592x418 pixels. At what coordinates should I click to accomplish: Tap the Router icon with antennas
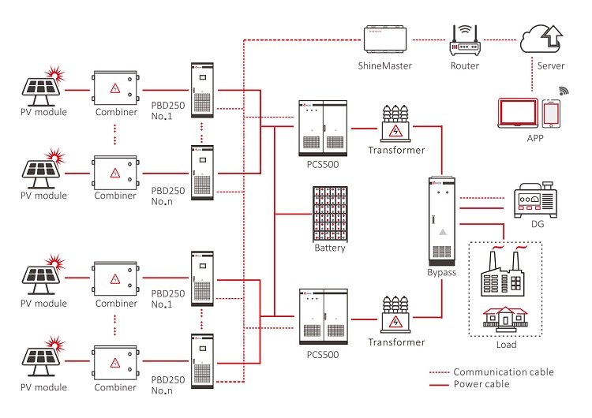point(464,39)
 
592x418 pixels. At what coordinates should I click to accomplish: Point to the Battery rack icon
point(330,213)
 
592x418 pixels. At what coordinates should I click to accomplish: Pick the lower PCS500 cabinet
point(323,318)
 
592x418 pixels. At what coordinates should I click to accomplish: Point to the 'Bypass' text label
point(442,272)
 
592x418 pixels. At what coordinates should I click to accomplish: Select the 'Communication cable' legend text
point(504,371)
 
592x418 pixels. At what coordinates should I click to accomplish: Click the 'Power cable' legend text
point(481,384)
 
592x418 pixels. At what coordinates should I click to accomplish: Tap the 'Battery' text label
point(330,248)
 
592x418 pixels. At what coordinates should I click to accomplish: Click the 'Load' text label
point(505,345)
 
